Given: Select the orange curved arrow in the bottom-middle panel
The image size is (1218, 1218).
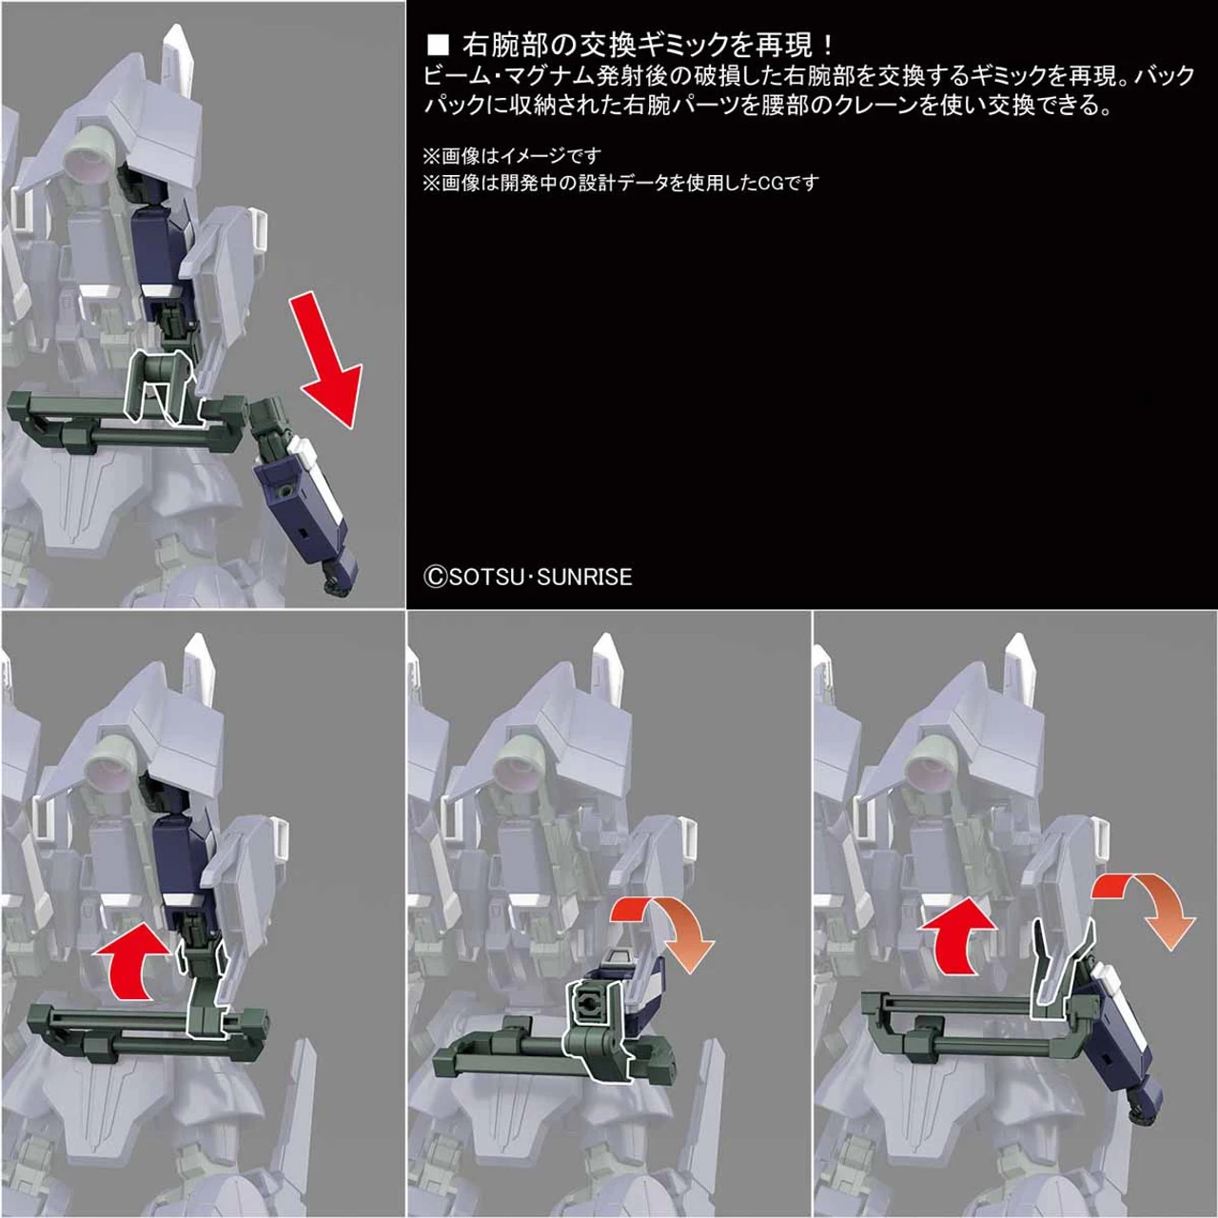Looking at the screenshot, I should (665, 927).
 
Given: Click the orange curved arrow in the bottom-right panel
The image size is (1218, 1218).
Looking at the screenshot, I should (1143, 908).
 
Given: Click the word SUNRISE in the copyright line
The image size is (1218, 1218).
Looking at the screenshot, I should (584, 577).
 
